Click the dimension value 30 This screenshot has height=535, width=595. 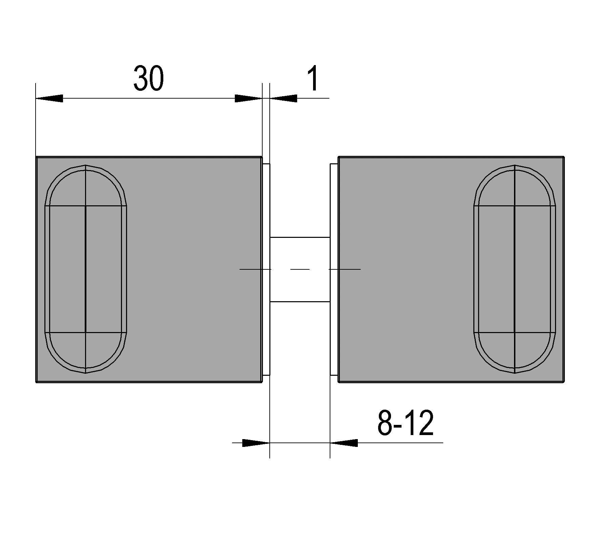148,78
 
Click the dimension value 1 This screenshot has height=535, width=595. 314,78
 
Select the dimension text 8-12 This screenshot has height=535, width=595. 406,423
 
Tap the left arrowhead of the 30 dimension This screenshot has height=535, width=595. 49,98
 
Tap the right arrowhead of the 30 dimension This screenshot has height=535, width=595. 248,98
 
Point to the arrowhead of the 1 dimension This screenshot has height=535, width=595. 283,98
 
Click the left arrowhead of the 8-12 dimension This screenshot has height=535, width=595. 256,443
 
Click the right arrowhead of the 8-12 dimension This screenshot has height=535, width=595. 344,443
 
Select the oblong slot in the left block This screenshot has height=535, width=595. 86,269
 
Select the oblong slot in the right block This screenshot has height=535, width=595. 515,269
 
